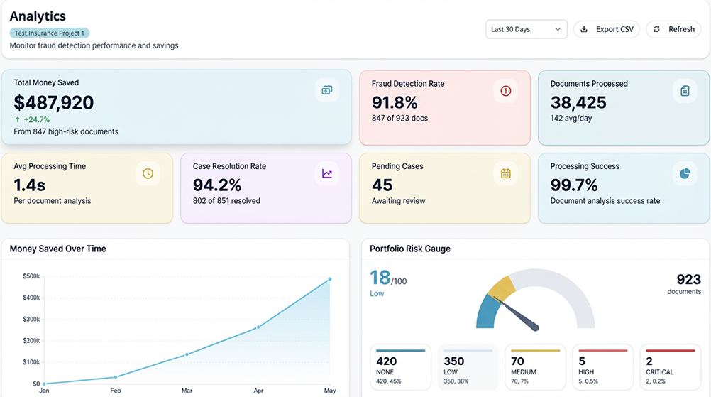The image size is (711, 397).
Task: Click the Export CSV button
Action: (607, 29)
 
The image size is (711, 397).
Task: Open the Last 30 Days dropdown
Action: (527, 29)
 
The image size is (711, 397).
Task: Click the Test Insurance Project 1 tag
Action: (50, 33)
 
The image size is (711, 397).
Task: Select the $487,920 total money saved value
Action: (54, 103)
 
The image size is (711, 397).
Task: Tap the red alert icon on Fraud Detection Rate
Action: (505, 90)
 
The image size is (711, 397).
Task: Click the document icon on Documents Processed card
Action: (684, 90)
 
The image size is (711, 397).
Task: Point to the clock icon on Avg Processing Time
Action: (148, 173)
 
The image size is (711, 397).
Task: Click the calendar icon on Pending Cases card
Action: (505, 173)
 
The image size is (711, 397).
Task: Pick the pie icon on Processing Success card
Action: (684, 173)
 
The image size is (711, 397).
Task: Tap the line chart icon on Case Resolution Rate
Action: (326, 173)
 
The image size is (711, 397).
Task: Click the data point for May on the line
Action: (329, 279)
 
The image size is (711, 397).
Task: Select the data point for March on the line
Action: (187, 354)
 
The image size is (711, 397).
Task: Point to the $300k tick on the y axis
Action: (31, 319)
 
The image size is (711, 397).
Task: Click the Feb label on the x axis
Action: (115, 391)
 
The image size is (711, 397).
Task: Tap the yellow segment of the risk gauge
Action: (502, 288)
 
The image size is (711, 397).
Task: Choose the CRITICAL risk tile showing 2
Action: (670, 366)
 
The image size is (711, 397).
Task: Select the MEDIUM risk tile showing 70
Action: (535, 366)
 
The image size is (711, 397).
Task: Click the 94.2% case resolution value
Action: (217, 185)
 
